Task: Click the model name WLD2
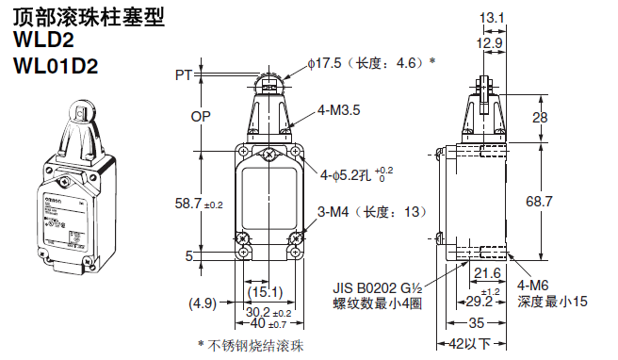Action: pos(43,40)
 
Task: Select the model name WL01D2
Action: pos(56,66)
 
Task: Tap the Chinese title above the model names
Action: pos(89,17)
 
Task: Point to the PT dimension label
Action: pos(184,74)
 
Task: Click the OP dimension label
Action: pos(201,116)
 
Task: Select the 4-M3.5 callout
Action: pos(339,110)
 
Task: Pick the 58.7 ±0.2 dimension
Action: pos(199,204)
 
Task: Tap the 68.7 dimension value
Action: pos(539,202)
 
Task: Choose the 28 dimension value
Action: pos(540,117)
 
